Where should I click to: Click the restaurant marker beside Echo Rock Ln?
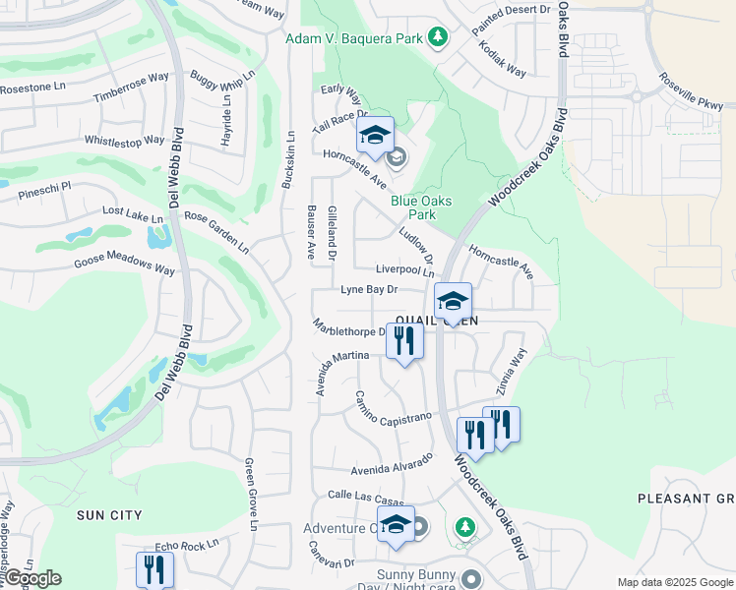point(155,569)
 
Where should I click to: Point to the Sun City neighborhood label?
point(109,514)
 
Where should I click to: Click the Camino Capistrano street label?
point(394,408)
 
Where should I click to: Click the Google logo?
point(31,578)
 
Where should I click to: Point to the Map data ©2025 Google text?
point(674,582)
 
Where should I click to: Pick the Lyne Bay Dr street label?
point(369,290)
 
